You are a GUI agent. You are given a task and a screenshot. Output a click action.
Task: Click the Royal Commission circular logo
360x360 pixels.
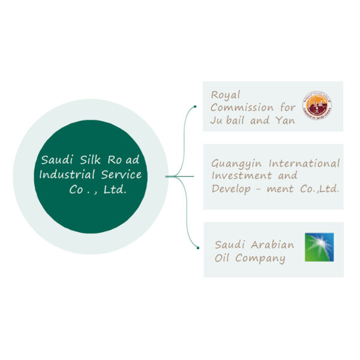(316, 106)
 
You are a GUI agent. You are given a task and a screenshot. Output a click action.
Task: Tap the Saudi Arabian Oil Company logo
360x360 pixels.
(319, 247)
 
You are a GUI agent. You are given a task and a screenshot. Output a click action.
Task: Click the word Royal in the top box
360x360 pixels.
(226, 95)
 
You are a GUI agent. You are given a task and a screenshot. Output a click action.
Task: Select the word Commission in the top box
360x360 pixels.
(240, 107)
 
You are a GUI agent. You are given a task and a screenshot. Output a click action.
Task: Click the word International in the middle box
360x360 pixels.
(304, 163)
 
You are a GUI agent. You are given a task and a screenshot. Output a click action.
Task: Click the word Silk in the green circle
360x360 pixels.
(88, 160)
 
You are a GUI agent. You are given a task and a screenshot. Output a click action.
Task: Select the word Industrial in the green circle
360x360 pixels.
(67, 175)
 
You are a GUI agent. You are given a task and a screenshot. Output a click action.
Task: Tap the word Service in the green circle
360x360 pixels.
(122, 175)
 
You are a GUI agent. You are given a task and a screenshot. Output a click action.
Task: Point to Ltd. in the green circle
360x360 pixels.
(115, 190)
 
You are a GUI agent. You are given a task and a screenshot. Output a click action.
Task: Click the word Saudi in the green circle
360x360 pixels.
(56, 160)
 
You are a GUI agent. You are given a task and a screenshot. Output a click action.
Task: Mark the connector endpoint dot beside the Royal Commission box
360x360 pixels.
(196, 107)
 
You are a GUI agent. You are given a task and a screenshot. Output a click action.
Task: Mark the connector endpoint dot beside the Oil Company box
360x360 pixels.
(197, 247)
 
